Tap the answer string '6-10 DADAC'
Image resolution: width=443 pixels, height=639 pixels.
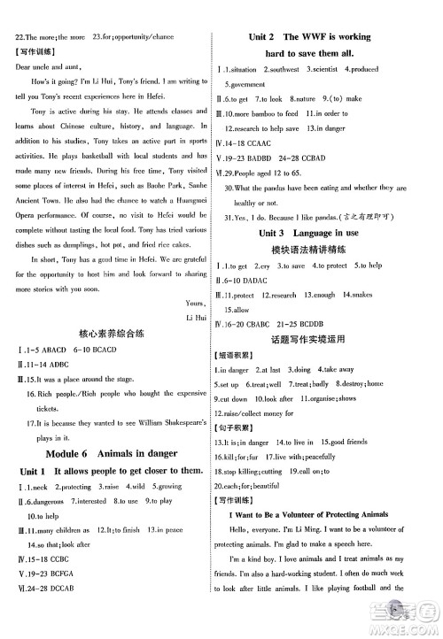tap(256, 280)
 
